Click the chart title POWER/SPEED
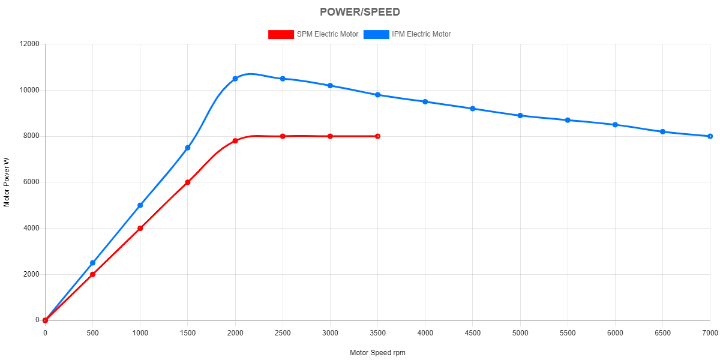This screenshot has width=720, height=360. coord(360,12)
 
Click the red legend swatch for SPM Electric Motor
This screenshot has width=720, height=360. coord(281,34)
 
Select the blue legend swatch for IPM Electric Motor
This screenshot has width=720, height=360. coord(376,34)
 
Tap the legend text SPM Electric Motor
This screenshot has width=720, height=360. coord(328,34)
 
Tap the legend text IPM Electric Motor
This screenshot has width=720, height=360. coord(421,34)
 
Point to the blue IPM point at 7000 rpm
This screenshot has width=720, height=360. coord(710,136)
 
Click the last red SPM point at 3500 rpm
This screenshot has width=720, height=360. coord(377,136)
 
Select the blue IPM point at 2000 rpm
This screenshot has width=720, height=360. coord(235,79)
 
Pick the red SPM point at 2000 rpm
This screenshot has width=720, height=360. coord(235,141)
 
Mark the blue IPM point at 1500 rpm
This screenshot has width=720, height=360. coord(188,148)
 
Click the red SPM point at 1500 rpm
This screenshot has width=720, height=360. coord(188,182)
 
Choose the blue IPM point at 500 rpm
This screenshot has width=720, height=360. coord(92,263)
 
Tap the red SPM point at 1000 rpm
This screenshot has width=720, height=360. coord(140,229)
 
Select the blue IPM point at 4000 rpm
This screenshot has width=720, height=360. coord(425,102)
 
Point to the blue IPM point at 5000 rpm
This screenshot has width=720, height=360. coord(520,116)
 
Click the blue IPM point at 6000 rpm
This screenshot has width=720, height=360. coord(615,125)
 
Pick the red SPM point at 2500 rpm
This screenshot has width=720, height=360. coord(283,136)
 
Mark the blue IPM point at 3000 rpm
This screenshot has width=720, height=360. coord(330,86)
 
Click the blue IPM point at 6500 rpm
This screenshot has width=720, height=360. coord(662,132)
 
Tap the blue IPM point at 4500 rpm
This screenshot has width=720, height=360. coord(473,109)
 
